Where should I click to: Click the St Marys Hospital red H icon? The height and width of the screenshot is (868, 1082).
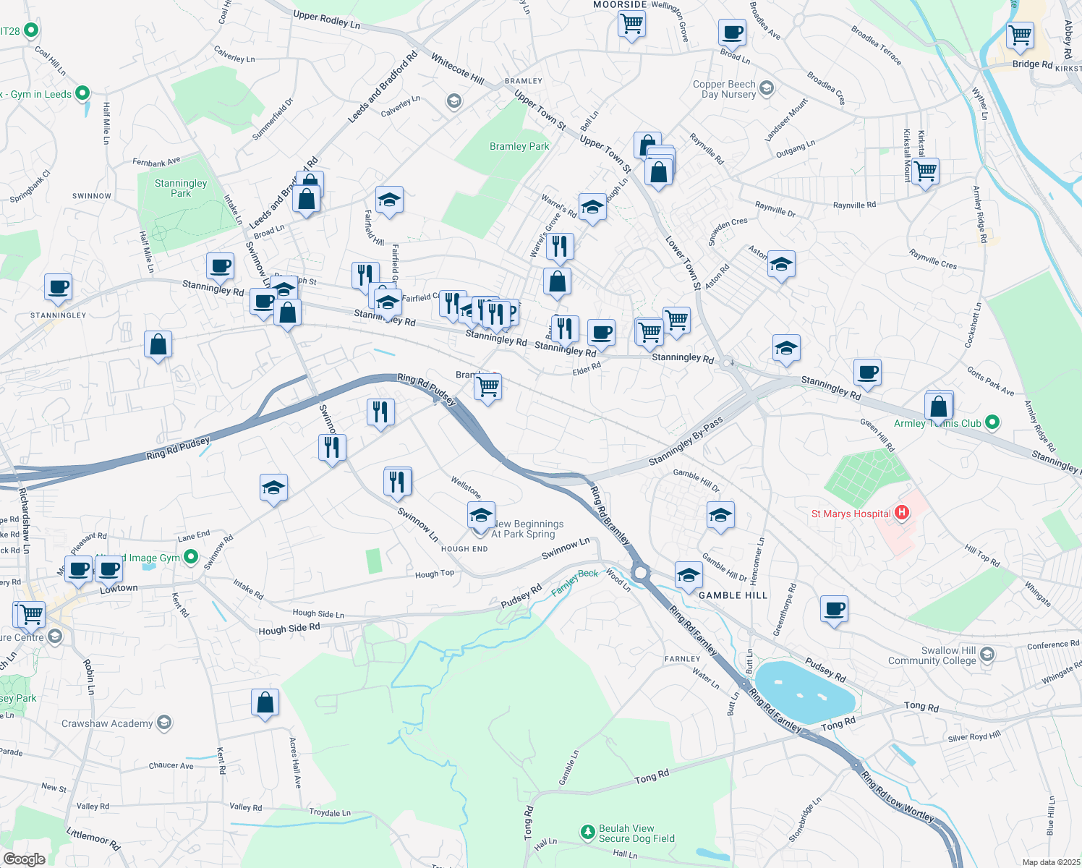pos(902,513)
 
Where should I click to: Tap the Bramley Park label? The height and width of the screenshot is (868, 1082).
pos(519,146)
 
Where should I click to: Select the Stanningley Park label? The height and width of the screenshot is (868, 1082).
pos(181,188)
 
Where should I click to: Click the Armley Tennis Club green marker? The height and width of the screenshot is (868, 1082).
pos(992,422)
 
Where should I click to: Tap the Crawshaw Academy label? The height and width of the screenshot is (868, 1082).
pos(107,723)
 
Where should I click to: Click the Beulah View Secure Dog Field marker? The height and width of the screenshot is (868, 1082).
pos(587,833)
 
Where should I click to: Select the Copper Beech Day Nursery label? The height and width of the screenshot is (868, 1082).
pos(724,89)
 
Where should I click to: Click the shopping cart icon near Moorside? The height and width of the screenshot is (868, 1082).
pos(631,24)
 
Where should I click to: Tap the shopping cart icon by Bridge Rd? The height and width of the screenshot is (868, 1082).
pos(1020,35)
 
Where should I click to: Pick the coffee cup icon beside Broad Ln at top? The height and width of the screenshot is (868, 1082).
pos(732,33)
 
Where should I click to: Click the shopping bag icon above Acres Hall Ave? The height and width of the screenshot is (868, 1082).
pos(265,702)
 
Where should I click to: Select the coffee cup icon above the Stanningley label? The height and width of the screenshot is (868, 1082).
pos(58,287)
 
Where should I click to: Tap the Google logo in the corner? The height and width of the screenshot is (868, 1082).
pos(24,859)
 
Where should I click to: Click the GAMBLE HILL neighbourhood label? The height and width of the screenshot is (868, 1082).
pos(733,595)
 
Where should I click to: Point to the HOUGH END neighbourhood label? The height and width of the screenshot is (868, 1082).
pos(464,549)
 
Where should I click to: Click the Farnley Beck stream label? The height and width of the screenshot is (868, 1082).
pos(574,582)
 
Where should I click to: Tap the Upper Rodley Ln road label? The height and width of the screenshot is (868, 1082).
pos(326,20)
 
